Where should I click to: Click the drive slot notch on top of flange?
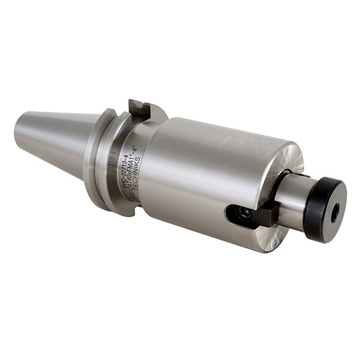[139, 109]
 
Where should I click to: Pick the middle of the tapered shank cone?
[56, 141]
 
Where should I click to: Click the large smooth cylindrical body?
[209, 164]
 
